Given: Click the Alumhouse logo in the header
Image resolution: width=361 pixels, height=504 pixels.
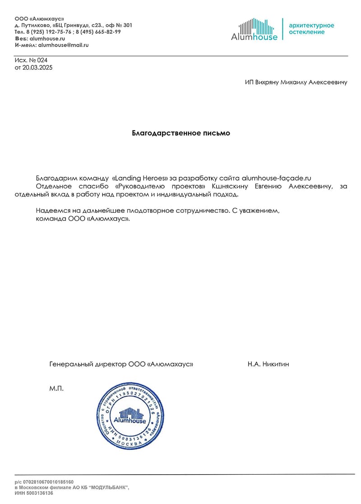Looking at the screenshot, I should tap(254, 30).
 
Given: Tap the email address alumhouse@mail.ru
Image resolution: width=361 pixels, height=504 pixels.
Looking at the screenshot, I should tap(63, 45).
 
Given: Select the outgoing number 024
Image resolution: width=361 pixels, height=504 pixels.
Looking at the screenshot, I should tap(42, 60).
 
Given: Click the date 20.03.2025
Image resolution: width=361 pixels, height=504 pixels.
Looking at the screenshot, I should tap(37, 68).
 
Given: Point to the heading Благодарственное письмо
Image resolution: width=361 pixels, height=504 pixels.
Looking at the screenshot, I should tap(180, 133).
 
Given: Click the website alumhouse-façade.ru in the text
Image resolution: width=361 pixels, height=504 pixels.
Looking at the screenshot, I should tap(277, 177).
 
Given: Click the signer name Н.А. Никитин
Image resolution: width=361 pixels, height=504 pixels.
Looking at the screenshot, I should tap(268, 364).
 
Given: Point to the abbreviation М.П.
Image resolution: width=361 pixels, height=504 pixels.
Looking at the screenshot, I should tap(56, 388).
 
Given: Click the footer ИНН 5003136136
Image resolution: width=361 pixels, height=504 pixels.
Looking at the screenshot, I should tap(34, 493).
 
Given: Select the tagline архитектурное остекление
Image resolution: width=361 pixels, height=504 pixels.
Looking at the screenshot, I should tap(311, 28).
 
